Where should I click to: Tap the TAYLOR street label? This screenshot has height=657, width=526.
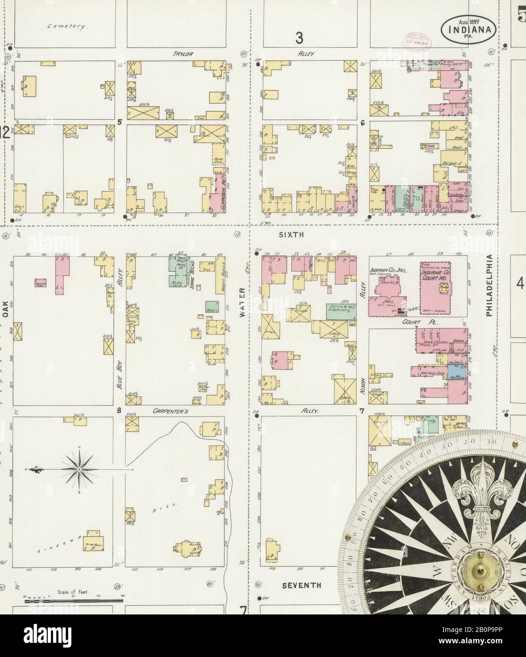(x=183, y=54)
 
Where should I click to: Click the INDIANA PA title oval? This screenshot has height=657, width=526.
(x=469, y=29)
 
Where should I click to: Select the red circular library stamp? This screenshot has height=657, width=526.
(x=414, y=41)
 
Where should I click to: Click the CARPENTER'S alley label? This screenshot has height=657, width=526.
(x=171, y=411)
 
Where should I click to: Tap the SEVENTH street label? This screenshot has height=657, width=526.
(x=302, y=585)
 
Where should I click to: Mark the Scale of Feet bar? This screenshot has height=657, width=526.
(x=73, y=600)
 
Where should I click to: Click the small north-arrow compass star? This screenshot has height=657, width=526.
(x=79, y=469)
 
